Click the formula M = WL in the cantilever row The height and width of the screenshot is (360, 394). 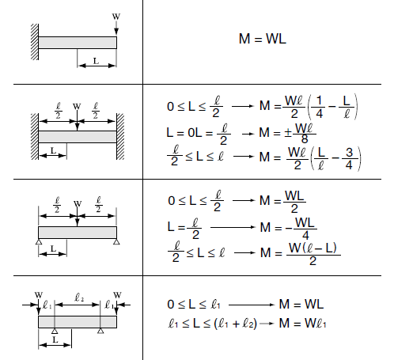[x=263, y=39]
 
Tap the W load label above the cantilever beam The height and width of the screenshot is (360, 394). [x=116, y=17]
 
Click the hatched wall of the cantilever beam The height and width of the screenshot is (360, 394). [x=35, y=42]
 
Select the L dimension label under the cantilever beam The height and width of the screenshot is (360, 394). [x=96, y=61]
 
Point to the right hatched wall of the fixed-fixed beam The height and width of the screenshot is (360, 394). [x=120, y=136]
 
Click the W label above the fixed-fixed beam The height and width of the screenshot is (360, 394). [x=77, y=106]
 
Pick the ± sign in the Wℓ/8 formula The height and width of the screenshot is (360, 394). [x=288, y=133]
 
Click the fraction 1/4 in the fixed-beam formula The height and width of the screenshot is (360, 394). [x=319, y=107]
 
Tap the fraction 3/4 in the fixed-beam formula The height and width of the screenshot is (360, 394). [x=349, y=158]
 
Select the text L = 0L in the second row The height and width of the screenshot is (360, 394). [x=184, y=132]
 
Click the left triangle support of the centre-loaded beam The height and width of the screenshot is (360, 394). [x=39, y=241]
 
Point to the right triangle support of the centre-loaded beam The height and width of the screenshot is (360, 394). [x=116, y=241]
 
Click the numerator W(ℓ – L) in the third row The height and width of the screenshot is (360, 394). [x=313, y=248]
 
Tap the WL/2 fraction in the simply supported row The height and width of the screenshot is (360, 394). [x=294, y=202]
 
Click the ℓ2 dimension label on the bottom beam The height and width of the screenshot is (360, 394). [x=79, y=297]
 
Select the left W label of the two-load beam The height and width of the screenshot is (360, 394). [x=39, y=295]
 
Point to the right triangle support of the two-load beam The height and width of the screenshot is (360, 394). [x=100, y=331]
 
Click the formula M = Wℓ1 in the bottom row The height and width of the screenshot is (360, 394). [x=302, y=323]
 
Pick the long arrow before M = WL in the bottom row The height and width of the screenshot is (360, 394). [x=252, y=305]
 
